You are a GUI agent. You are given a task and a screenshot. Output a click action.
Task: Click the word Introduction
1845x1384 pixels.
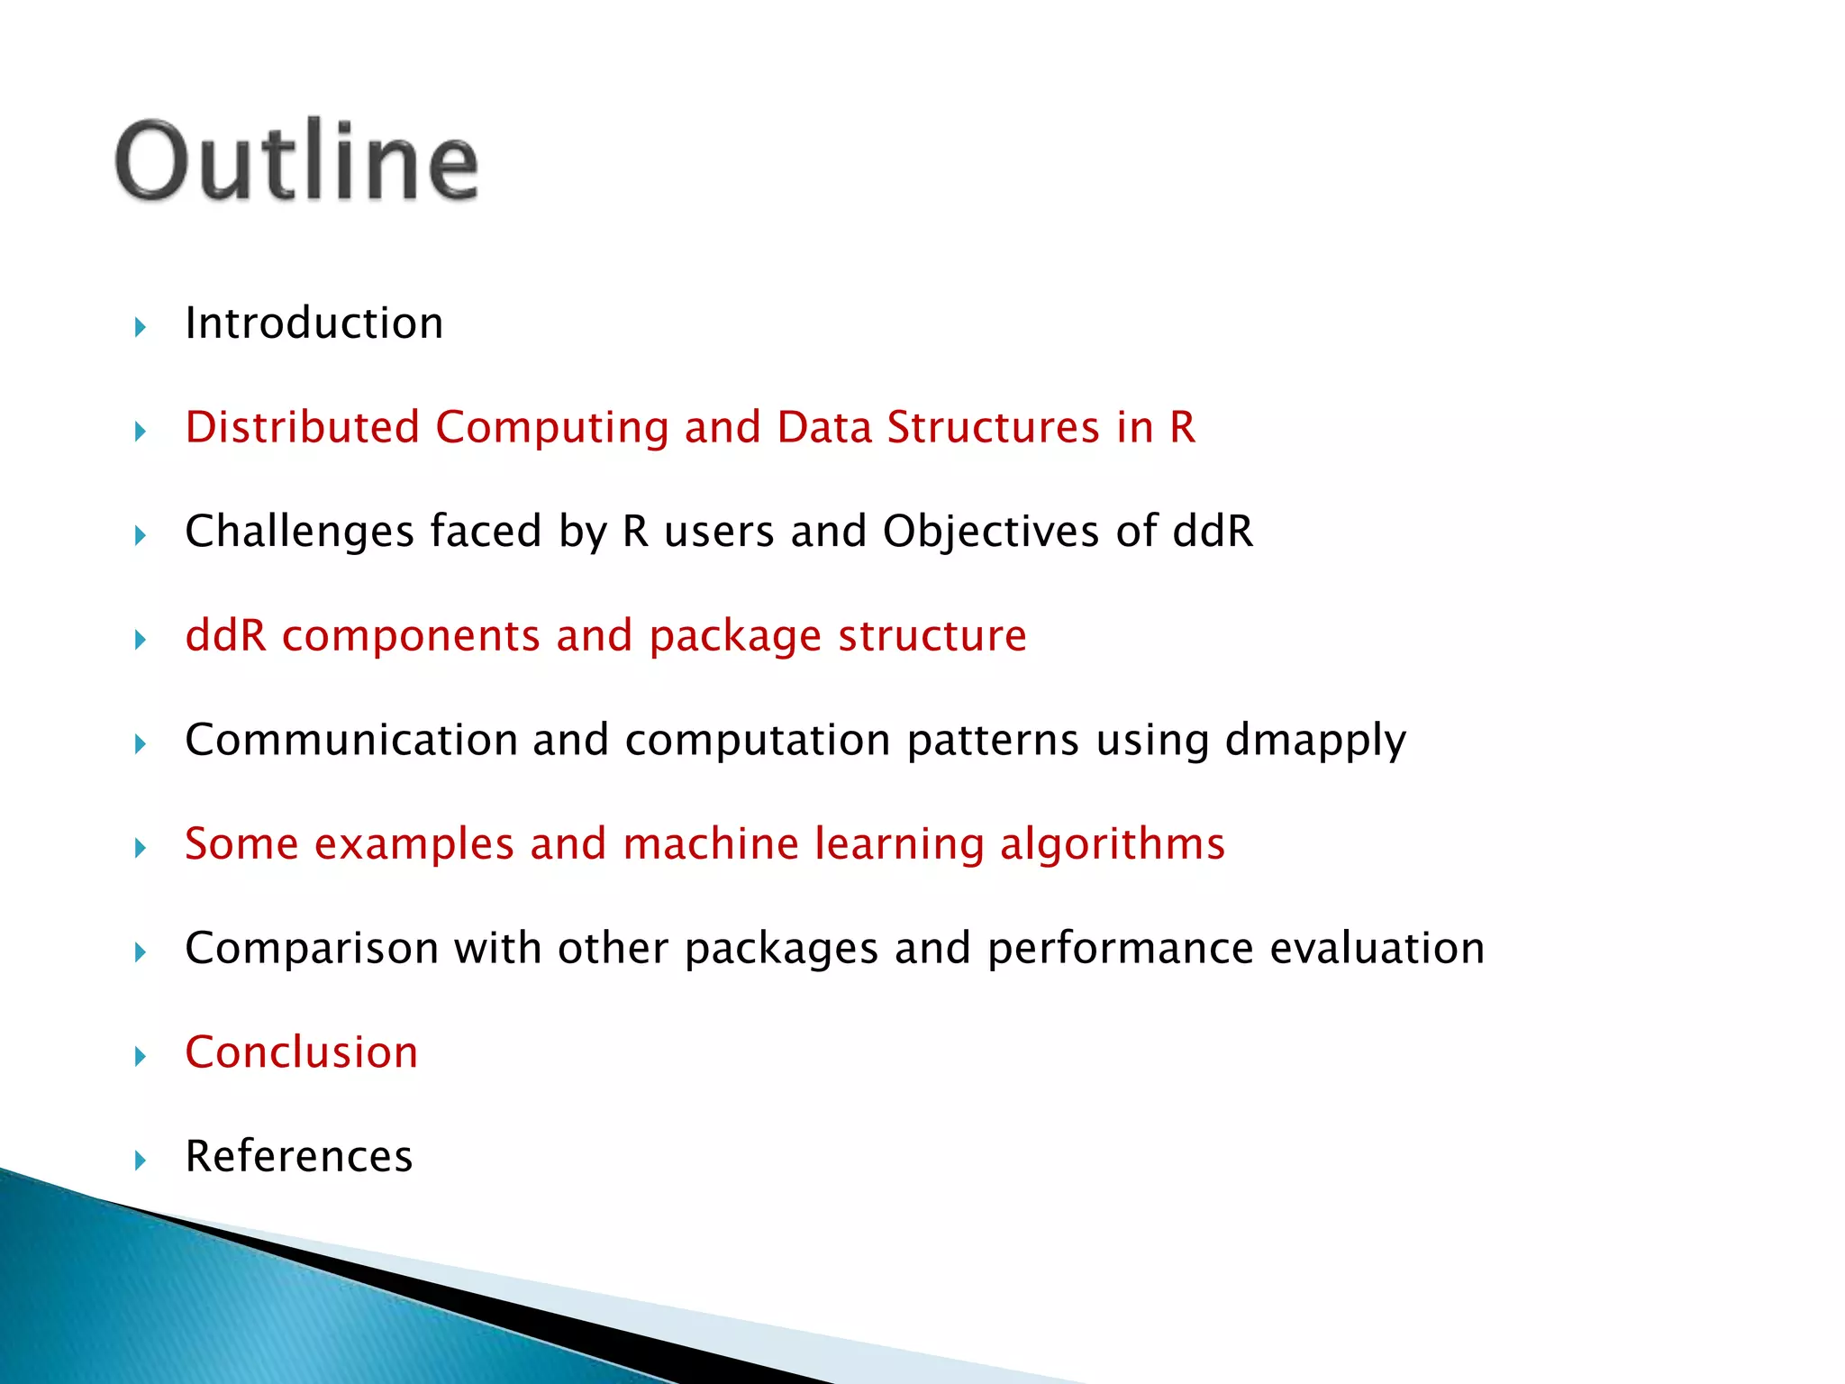tap(314, 323)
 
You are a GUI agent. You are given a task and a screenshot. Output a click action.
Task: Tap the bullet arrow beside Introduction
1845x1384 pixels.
tap(140, 327)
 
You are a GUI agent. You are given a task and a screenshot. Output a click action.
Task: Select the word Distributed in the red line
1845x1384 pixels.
tap(302, 427)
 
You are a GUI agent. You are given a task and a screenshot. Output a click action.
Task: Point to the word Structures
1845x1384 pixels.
tap(993, 427)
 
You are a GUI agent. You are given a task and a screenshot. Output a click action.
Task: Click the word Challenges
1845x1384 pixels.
tap(299, 532)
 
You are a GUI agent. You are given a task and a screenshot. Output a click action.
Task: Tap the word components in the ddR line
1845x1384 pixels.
tap(410, 637)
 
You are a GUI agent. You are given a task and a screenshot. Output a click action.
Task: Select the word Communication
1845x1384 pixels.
tap(350, 740)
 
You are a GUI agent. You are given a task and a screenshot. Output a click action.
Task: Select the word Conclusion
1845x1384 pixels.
tap(301, 1052)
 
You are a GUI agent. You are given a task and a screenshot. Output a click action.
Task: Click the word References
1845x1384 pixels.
tap(298, 1156)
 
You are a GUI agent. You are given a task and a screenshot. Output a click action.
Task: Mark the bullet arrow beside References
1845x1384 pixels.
tap(140, 1160)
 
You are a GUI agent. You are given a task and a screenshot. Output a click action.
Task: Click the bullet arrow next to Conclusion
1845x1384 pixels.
tap(140, 1056)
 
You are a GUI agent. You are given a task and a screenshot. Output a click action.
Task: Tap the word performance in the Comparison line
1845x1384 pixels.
tap(1120, 950)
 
